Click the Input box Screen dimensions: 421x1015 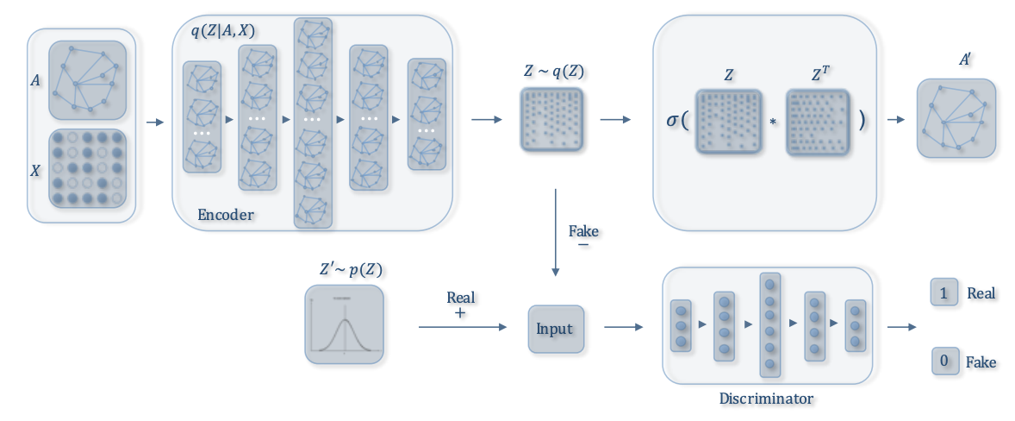pos(555,329)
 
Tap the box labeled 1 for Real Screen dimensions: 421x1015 pos(943,293)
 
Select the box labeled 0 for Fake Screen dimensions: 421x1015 pos(943,361)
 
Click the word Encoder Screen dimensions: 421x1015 pos(226,215)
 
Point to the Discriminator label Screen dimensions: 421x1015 pos(767,399)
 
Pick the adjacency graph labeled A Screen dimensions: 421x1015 pos(87,80)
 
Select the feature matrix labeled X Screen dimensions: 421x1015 pos(87,170)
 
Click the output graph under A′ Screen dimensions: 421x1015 pos(956,119)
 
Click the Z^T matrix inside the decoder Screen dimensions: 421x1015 pos(818,123)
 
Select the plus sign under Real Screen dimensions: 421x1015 pos(460,314)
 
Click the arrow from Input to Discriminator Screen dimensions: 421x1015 pos(623,328)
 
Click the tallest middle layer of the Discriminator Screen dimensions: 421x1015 pos(770,325)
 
